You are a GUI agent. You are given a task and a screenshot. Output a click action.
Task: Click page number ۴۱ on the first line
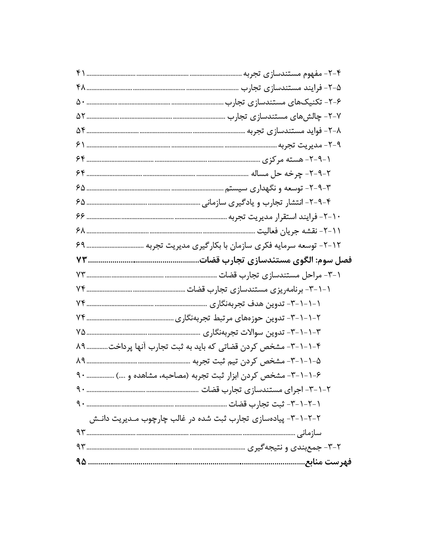81,74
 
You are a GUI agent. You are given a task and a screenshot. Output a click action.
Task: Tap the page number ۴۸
81,88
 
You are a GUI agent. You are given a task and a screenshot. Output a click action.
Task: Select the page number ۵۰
81,102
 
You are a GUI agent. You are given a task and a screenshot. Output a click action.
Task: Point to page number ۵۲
81,116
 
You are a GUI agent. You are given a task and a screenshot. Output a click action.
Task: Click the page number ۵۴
81,131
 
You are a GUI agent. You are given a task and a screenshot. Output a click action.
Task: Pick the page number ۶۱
81,145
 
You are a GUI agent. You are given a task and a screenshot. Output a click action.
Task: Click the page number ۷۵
81,332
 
